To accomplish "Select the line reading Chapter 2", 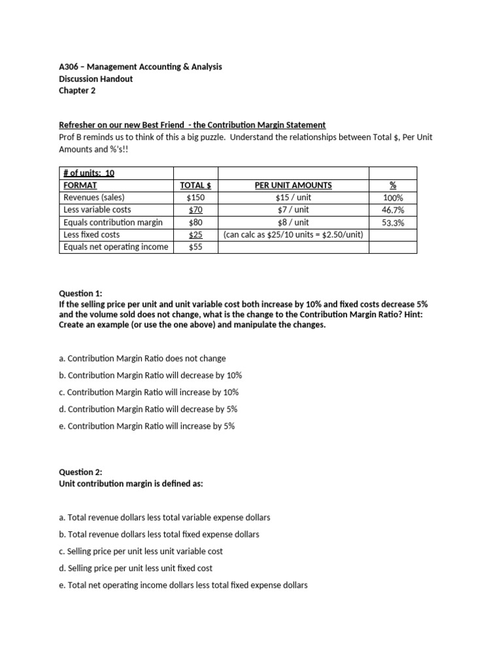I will (x=77, y=91).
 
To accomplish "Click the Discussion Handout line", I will (x=95, y=79).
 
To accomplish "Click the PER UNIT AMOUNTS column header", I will (x=293, y=185).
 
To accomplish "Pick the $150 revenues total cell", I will (x=196, y=198).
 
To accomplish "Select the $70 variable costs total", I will (x=196, y=210).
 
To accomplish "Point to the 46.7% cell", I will (x=392, y=210).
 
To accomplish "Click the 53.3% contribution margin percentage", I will (x=392, y=222).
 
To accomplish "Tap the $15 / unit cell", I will (x=293, y=198).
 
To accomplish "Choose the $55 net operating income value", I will (x=196, y=247).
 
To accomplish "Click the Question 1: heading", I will (x=80, y=294).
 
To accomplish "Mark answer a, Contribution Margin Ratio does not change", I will (x=142, y=359).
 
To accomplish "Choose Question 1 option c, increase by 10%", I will (x=148, y=392).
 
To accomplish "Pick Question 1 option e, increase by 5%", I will (x=146, y=426).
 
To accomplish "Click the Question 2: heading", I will (x=80, y=472).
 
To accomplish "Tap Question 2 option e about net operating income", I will (x=183, y=585).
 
